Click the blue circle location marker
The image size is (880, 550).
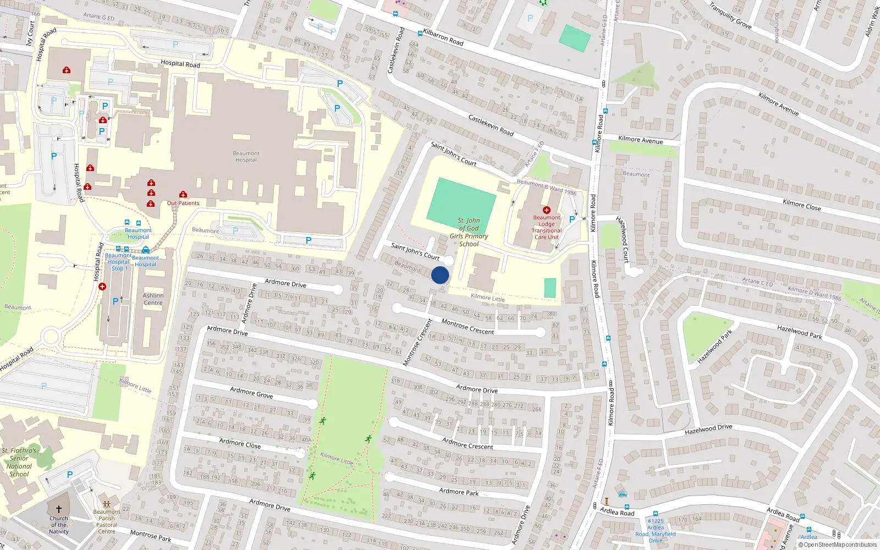tap(440, 275)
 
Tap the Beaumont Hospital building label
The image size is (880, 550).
tap(246, 157)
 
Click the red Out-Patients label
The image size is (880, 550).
tap(183, 203)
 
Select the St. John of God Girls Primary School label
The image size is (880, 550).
tap(469, 232)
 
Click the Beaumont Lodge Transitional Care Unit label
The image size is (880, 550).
tap(546, 227)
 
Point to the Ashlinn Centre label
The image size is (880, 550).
tap(153, 299)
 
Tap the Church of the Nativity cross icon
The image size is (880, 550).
tap(59, 509)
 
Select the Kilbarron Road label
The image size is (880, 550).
tap(443, 37)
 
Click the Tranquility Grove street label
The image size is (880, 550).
tap(730, 16)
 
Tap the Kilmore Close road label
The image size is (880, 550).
tap(801, 205)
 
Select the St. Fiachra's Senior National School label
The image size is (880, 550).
tap(19, 462)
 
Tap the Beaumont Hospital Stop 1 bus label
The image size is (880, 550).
tap(118, 262)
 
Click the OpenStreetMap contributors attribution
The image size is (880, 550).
tap(837, 545)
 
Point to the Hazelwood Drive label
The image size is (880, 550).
tap(708, 429)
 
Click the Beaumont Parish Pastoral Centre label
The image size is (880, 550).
tap(107, 521)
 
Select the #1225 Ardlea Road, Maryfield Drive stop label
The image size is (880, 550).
tap(656, 531)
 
